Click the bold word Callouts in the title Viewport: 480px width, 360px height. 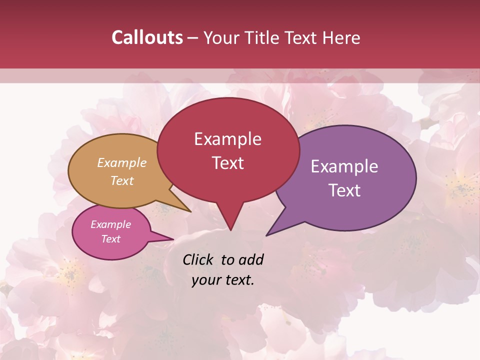pyautogui.click(x=147, y=37)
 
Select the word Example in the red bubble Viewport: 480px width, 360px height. pyautogui.click(x=227, y=139)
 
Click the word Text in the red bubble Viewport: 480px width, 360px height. pyautogui.click(x=227, y=163)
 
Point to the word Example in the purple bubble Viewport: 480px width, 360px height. pyautogui.click(x=344, y=166)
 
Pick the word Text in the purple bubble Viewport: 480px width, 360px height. pyautogui.click(x=344, y=190)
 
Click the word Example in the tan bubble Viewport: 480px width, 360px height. pyautogui.click(x=122, y=163)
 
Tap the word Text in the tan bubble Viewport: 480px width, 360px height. pyautogui.click(x=122, y=180)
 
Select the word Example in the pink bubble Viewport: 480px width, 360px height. pyautogui.click(x=110, y=224)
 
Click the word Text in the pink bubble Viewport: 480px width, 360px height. pyautogui.click(x=110, y=239)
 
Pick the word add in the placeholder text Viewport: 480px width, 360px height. pyautogui.click(x=251, y=259)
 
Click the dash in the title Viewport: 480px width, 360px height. pyautogui.click(x=193, y=38)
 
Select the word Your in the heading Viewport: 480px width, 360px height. pyautogui.click(x=221, y=37)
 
